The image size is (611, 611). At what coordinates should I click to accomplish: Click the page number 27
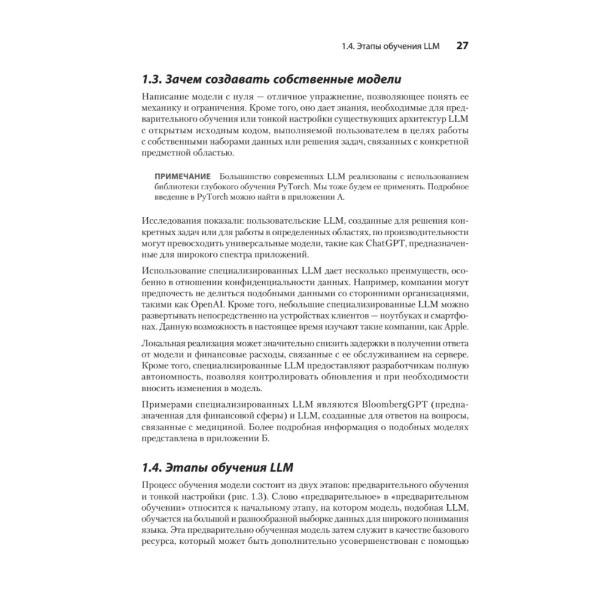[x=462, y=46]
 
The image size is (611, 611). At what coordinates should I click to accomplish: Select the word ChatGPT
[x=388, y=244]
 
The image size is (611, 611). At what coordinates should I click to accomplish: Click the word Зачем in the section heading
[x=185, y=79]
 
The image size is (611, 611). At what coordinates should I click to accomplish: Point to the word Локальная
[x=168, y=343]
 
